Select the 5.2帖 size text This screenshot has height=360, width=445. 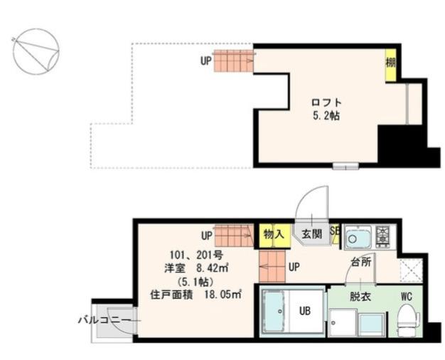coord(323,115)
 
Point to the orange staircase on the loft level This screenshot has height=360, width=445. coord(234,60)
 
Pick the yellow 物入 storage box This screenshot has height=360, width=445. coord(273,233)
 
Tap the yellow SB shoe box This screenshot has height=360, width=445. coord(335,233)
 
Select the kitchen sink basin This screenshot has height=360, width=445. coord(359,235)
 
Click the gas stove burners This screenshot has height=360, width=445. coord(383,233)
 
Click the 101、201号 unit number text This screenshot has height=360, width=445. coord(192,255)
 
